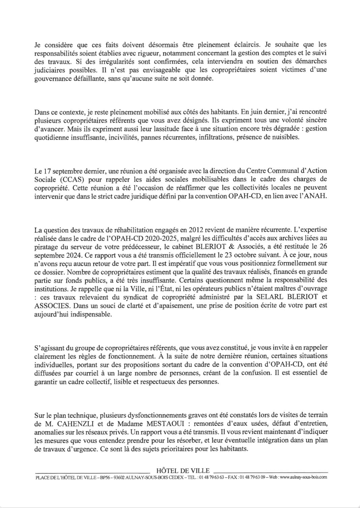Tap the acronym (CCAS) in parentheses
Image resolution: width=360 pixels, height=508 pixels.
pos(67,179)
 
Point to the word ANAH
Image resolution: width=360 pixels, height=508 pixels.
pos(316,196)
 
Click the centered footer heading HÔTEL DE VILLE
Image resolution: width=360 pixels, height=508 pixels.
pos(183,471)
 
